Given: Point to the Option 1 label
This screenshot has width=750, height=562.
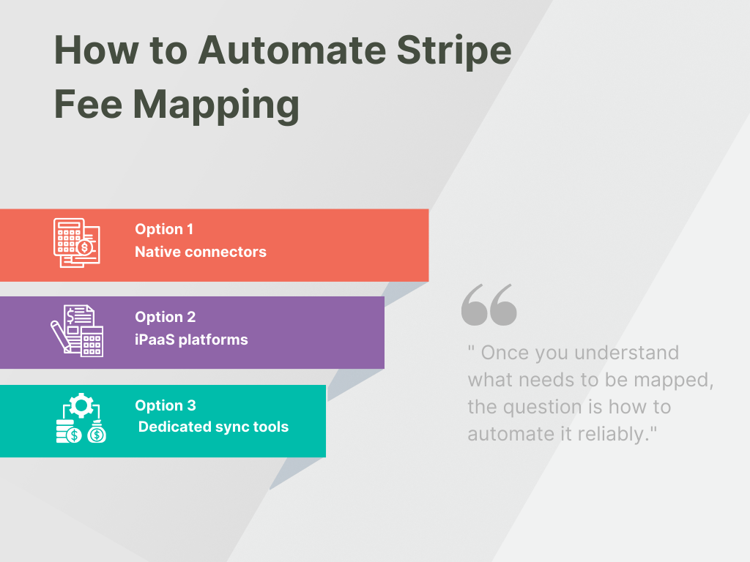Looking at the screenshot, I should click(x=164, y=229).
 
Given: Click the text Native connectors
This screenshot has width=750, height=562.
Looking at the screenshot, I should click(x=201, y=252).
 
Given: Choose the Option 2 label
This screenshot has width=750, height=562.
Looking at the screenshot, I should click(x=165, y=317).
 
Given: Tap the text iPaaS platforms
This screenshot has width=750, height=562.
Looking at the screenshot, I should click(x=191, y=340).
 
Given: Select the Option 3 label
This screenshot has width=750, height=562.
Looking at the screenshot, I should click(x=165, y=405).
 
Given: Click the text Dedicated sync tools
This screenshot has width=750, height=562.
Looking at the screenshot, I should click(x=213, y=427).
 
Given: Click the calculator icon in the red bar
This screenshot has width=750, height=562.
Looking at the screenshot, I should click(x=77, y=242).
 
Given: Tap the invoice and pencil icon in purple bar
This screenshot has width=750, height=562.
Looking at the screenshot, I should click(x=77, y=331).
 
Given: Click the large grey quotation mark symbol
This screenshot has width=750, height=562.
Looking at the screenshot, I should click(x=489, y=305).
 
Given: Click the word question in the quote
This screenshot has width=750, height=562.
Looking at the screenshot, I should click(x=540, y=407).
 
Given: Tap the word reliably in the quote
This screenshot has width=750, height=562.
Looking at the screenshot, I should click(x=612, y=434).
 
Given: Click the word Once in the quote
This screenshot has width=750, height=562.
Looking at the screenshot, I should click(x=505, y=353).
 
